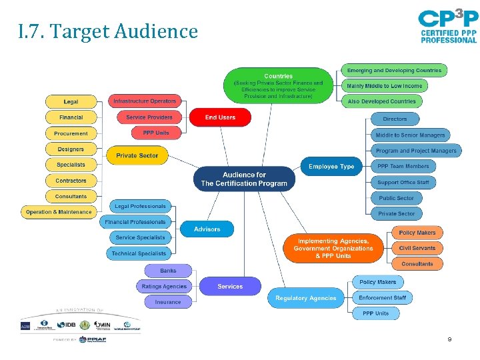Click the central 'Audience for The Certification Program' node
tap(244, 179)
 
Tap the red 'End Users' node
tap(220, 117)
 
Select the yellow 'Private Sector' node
tap(137, 155)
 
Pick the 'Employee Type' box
tap(331, 166)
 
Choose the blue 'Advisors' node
tap(207, 229)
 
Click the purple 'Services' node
tap(230, 286)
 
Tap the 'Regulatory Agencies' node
tap(306, 298)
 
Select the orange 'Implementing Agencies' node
tap(333, 249)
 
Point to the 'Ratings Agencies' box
tap(165, 286)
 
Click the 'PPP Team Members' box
tap(403, 166)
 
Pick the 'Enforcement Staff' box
tap(382, 297)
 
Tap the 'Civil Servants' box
tap(417, 248)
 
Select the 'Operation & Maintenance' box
tap(59, 212)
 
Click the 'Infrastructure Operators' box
tap(145, 101)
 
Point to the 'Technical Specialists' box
tap(139, 253)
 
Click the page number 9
tap(449, 340)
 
